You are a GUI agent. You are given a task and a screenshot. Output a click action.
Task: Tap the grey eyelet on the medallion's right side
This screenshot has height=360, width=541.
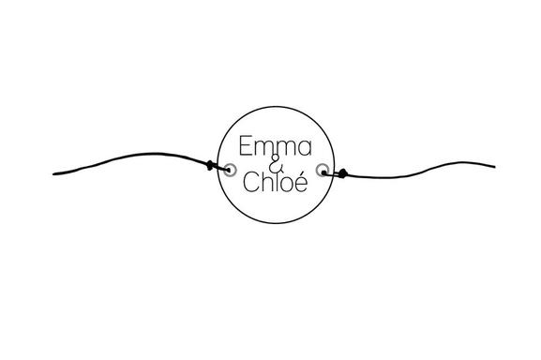pos(323,170)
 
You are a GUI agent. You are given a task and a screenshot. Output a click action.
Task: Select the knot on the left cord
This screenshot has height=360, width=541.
pos(209,167)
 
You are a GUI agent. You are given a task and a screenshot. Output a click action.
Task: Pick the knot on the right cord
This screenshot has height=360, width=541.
pos(342,172)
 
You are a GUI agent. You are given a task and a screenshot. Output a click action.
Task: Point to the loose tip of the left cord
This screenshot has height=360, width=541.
pos(55,172)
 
